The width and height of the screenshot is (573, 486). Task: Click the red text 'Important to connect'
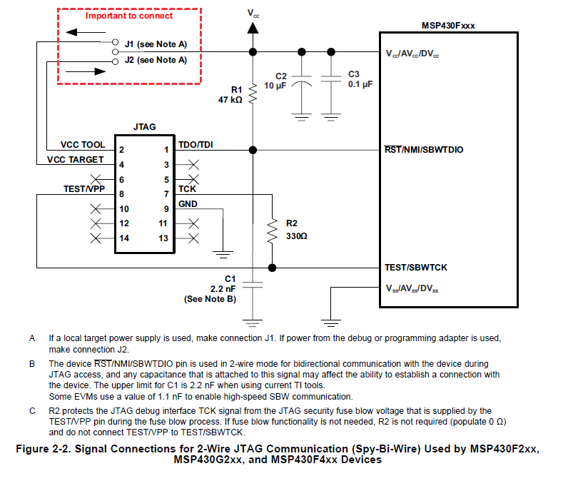click(x=129, y=16)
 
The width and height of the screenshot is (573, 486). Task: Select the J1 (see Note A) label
click(x=156, y=44)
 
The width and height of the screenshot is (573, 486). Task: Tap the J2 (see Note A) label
click(x=156, y=60)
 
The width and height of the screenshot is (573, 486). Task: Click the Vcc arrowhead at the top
click(x=253, y=28)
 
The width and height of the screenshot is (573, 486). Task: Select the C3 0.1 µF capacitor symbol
click(x=331, y=81)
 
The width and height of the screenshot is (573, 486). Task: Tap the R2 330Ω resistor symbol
click(x=271, y=231)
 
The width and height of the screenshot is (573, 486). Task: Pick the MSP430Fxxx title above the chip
click(x=448, y=25)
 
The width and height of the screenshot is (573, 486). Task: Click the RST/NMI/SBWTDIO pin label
click(x=424, y=150)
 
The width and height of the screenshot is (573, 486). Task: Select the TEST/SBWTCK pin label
click(x=416, y=268)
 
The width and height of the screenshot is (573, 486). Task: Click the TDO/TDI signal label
click(x=196, y=145)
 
